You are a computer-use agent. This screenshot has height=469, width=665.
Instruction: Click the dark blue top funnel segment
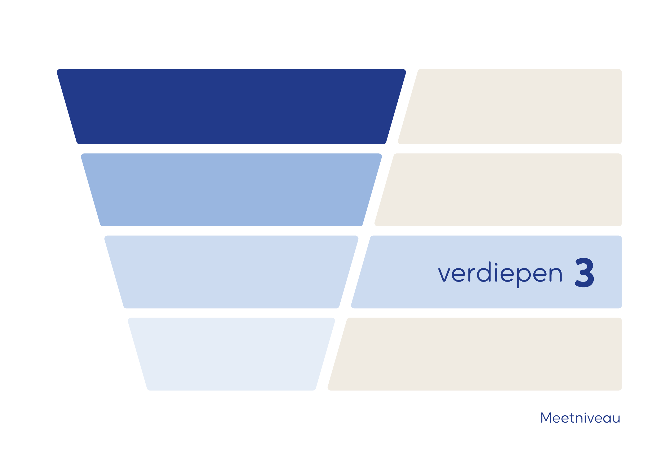point(231,107)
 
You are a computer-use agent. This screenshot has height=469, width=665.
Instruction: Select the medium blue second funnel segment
point(231,190)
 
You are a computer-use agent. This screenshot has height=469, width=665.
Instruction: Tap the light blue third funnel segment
point(231,272)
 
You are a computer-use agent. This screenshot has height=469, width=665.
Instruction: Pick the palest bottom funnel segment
point(231,354)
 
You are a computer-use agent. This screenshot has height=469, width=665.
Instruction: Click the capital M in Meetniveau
point(546,418)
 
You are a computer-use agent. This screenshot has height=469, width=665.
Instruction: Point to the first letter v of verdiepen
point(444,275)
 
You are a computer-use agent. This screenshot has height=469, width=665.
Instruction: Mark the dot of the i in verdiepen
point(496,264)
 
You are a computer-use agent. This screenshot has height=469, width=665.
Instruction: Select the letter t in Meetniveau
point(572,418)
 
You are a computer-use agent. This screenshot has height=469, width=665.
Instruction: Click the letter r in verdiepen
point(471,275)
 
